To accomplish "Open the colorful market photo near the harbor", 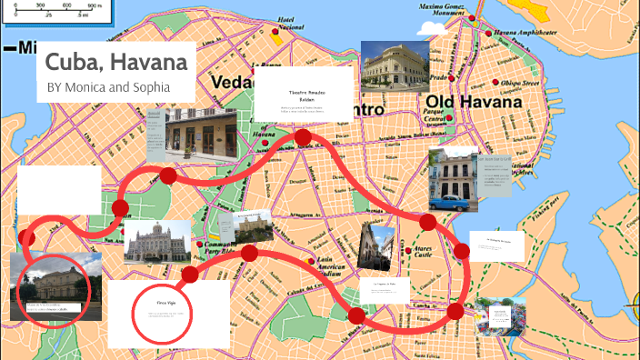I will [500, 315].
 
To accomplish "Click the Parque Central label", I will [434, 115].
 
